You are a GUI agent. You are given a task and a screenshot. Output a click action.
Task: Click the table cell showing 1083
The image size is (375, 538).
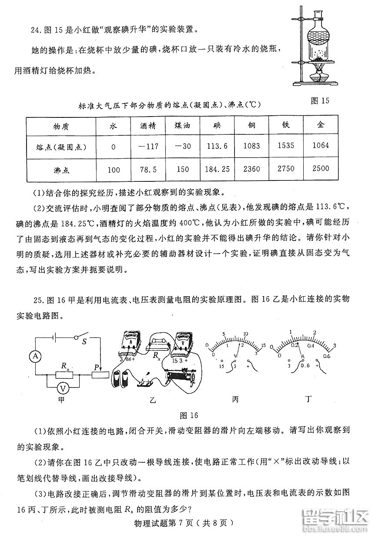click(x=251, y=147)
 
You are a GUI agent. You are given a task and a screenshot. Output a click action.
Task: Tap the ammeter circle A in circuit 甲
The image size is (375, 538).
click(x=37, y=356)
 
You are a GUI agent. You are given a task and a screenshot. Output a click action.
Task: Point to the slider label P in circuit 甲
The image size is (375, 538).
click(x=96, y=368)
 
